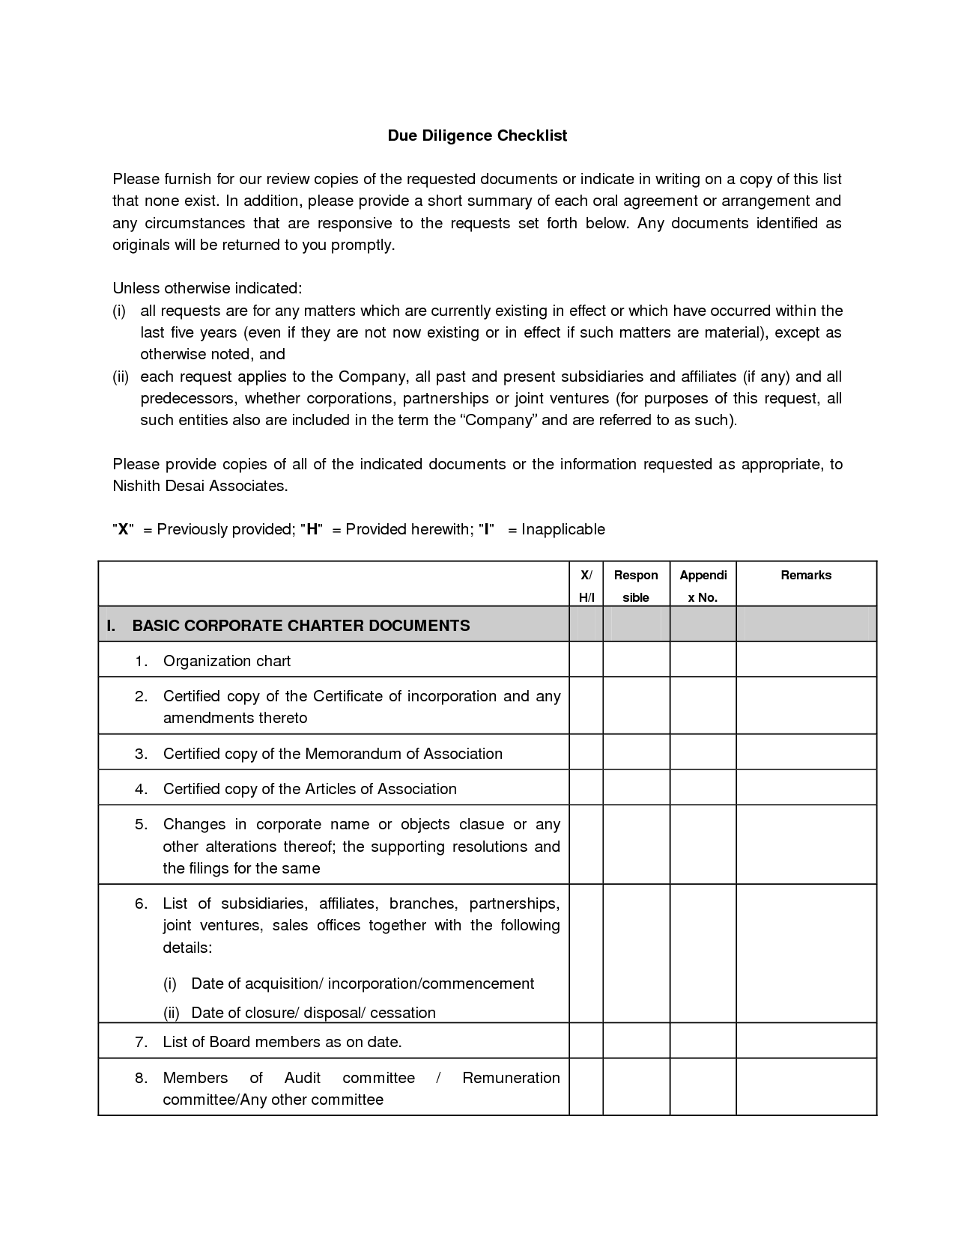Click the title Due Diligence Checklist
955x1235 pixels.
[477, 135]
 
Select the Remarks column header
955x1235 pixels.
[806, 576]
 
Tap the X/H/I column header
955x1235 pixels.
[586, 586]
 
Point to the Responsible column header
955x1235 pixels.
[636, 586]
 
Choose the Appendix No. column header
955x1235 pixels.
[703, 586]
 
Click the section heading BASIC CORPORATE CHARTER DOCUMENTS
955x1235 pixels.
[301, 626]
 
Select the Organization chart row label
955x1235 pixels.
[227, 661]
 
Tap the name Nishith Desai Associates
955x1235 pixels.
[199, 486]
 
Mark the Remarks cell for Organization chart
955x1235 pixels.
[806, 660]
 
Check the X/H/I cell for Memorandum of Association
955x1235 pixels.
[586, 753]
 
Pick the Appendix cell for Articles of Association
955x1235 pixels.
[703, 788]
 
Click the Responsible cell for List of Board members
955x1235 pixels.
[636, 1041]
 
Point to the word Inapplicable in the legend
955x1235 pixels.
[563, 529]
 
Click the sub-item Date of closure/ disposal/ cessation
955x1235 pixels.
[313, 1013]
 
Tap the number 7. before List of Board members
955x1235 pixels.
[142, 1042]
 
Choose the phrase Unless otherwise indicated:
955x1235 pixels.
[207, 288]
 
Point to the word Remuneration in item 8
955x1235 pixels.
[511, 1078]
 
